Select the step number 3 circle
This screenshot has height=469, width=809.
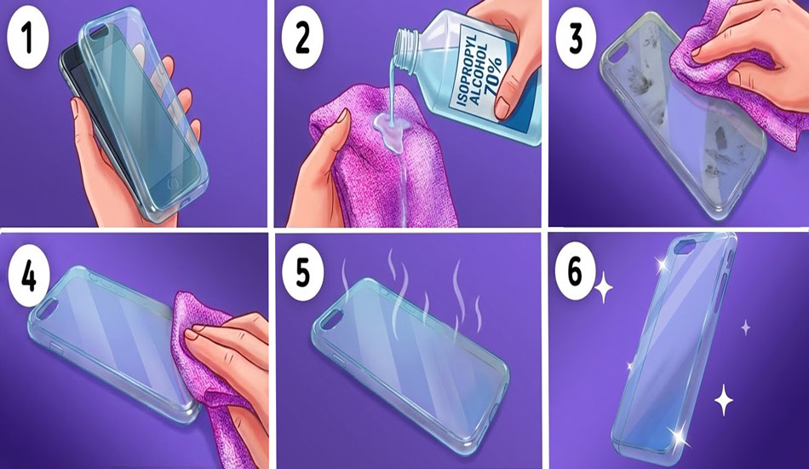[x=576, y=39]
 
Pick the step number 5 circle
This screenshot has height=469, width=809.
[x=303, y=273]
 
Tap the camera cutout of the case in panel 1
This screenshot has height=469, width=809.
[x=95, y=33]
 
